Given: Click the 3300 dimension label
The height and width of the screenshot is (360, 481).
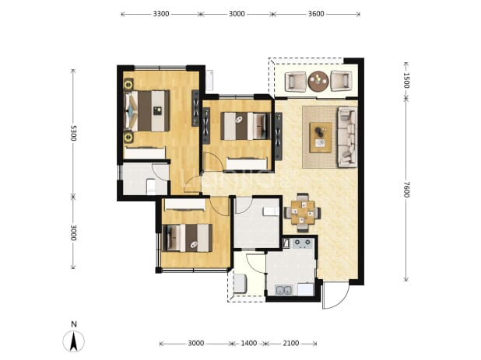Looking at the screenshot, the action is [x=161, y=14].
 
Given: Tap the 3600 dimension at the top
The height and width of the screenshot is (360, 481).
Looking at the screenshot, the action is [x=316, y=14].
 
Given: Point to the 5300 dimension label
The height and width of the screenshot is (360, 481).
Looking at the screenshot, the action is [x=73, y=133].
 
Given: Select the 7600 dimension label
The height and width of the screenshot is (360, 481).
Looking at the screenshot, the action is [x=406, y=190].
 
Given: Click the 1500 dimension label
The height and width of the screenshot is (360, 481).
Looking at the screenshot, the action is [x=406, y=80].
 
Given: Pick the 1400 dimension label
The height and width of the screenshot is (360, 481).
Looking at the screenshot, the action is [x=248, y=343].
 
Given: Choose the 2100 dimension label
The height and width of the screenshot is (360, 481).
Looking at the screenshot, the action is [x=290, y=343].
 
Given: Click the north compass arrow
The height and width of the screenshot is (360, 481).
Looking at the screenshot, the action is [x=74, y=341].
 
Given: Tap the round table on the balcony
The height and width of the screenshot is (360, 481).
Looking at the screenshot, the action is [x=318, y=81].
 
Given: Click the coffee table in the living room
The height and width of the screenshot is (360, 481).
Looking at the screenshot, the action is [x=321, y=138].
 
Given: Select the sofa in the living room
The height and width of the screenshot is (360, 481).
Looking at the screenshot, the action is [x=347, y=138].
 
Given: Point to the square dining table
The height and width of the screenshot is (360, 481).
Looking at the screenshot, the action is [x=303, y=212].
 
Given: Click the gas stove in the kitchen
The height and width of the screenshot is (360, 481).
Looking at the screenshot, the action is [x=303, y=243].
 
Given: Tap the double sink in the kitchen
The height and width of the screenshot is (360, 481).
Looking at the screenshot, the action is [x=283, y=290].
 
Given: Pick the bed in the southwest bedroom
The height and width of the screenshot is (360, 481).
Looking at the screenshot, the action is [x=187, y=238].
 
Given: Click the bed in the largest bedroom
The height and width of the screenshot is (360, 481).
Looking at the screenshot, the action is [x=147, y=111].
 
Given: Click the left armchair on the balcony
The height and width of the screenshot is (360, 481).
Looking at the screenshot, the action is [x=296, y=82].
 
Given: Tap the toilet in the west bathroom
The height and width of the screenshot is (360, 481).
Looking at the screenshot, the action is [x=151, y=187].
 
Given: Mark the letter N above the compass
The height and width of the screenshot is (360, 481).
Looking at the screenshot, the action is [x=74, y=324].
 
